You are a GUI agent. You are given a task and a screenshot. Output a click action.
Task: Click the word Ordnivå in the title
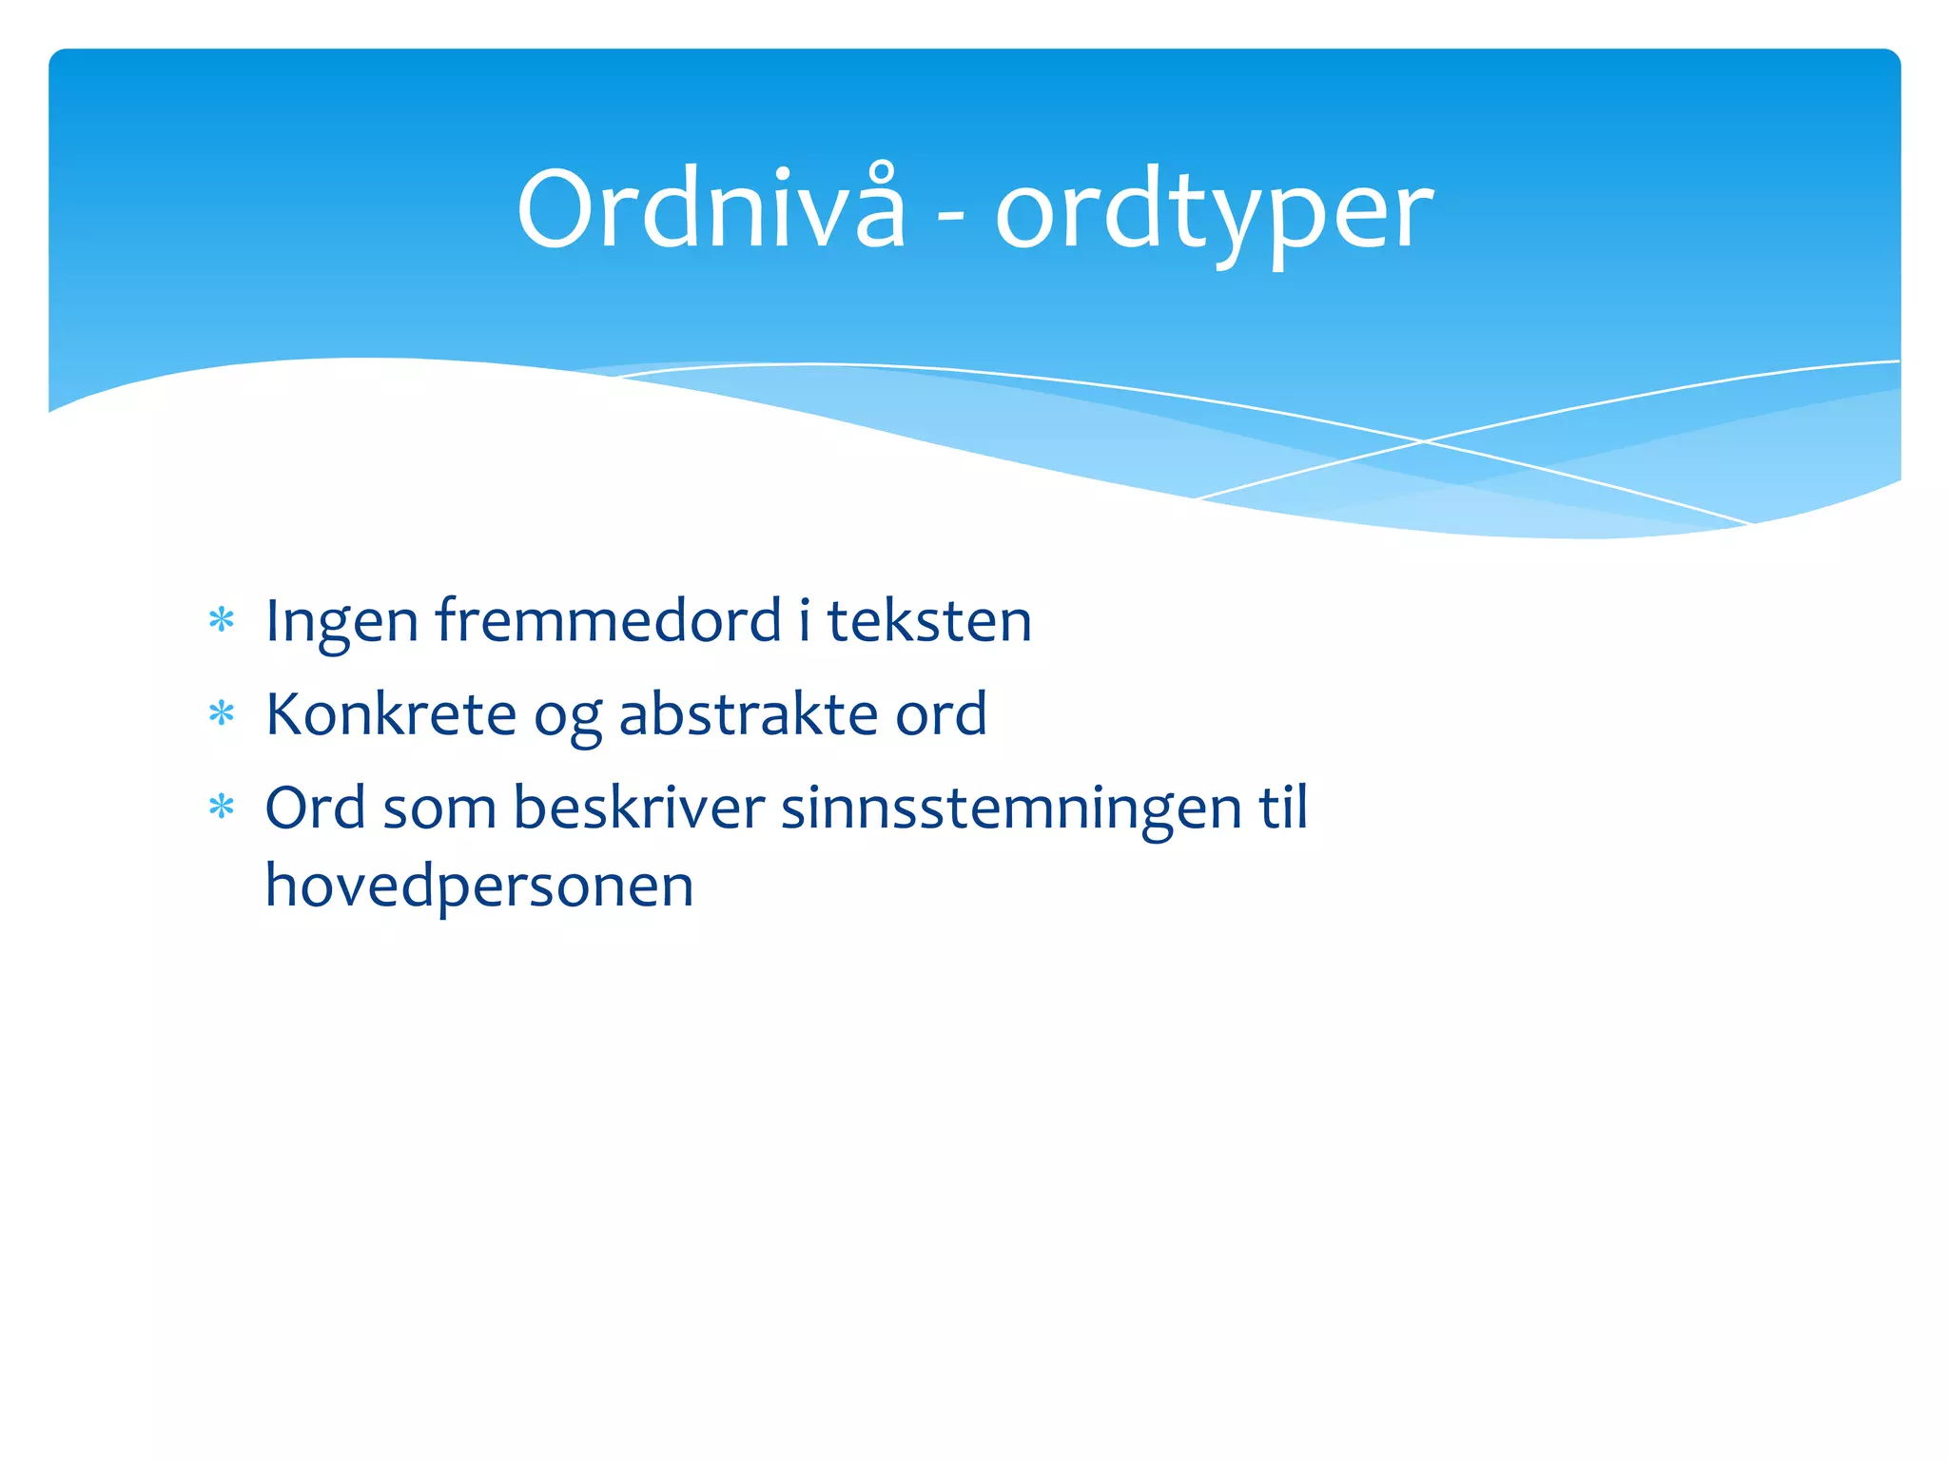[711, 208]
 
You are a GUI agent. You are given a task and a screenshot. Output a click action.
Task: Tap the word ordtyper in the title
[1214, 213]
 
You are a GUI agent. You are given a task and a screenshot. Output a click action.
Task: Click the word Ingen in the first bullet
[341, 622]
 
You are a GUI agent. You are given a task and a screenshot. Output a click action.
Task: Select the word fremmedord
[608, 620]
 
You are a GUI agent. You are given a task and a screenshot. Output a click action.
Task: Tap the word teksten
[929, 620]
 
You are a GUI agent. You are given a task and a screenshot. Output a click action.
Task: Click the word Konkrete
[391, 713]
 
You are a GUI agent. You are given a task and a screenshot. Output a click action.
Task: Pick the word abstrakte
[749, 713]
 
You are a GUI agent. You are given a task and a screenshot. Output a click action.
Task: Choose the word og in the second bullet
[568, 719]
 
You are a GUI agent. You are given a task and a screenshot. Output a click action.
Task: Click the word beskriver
[638, 808]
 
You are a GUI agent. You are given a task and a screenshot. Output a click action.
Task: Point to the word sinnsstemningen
[1011, 809]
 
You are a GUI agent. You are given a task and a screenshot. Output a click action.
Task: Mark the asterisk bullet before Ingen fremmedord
[222, 620]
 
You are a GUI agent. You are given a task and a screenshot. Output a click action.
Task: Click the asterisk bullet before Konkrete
[222, 713]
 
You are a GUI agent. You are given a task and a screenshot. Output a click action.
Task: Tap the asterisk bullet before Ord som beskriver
[222, 808]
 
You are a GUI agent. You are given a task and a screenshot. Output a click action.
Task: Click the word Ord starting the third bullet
[315, 808]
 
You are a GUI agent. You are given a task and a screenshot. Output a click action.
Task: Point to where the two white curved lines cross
[1424, 441]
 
